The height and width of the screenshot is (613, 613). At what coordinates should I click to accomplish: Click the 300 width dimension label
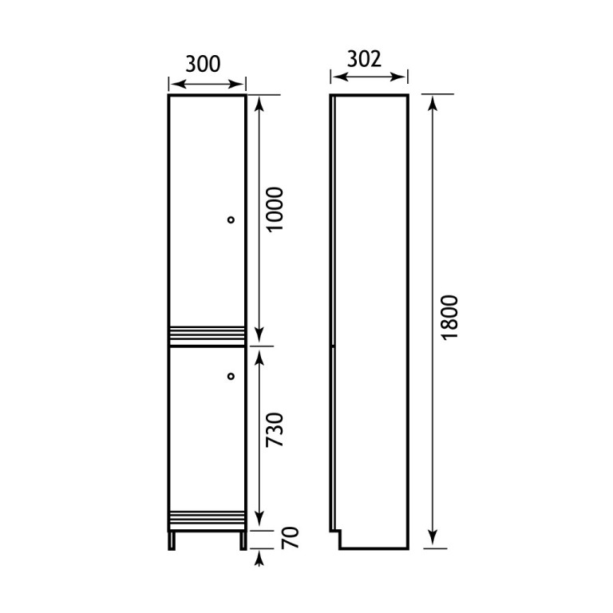[x=203, y=64]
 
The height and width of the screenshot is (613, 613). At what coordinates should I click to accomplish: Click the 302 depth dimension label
[x=364, y=59]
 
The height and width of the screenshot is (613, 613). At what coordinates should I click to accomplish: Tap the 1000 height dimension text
[x=274, y=210]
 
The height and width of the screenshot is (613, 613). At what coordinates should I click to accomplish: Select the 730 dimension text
[x=274, y=429]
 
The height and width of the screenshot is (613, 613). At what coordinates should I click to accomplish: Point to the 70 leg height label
[x=290, y=538]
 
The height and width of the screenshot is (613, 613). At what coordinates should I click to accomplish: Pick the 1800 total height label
[x=449, y=318]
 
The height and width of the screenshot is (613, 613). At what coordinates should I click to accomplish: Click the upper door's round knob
[x=231, y=219]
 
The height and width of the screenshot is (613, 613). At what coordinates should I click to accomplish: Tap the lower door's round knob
[x=231, y=376]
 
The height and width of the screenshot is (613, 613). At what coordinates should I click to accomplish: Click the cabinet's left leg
[x=172, y=540]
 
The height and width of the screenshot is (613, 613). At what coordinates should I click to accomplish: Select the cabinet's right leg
[x=243, y=540]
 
